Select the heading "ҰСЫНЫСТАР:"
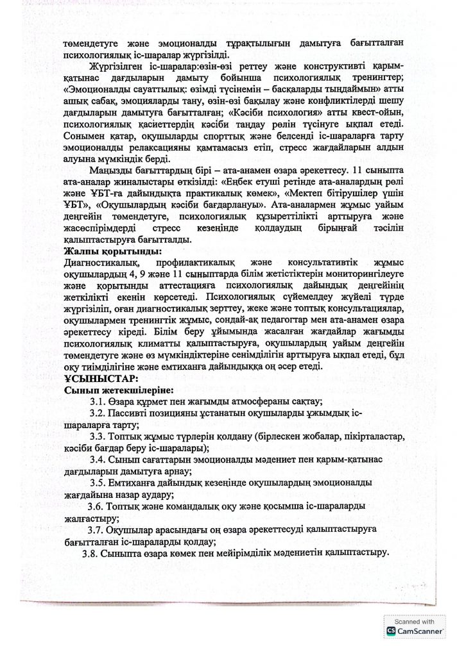click(99, 378)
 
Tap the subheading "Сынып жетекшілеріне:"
click(118, 389)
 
